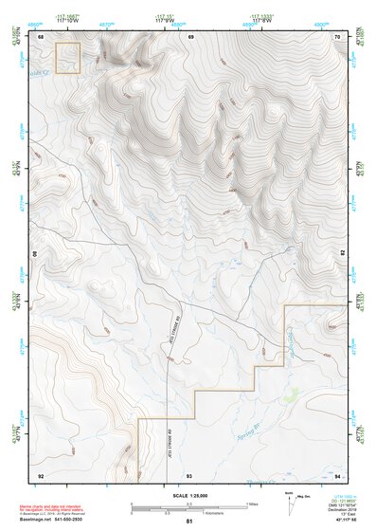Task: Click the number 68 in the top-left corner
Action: click(42, 36)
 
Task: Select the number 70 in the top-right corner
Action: click(338, 36)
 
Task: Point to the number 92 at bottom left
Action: click(41, 474)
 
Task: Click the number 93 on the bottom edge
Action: click(189, 474)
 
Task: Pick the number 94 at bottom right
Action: click(338, 474)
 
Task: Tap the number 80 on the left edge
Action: click(37, 255)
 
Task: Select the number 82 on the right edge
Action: click(342, 255)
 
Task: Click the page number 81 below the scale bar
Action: click(189, 521)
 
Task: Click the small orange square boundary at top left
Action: click(68, 58)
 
